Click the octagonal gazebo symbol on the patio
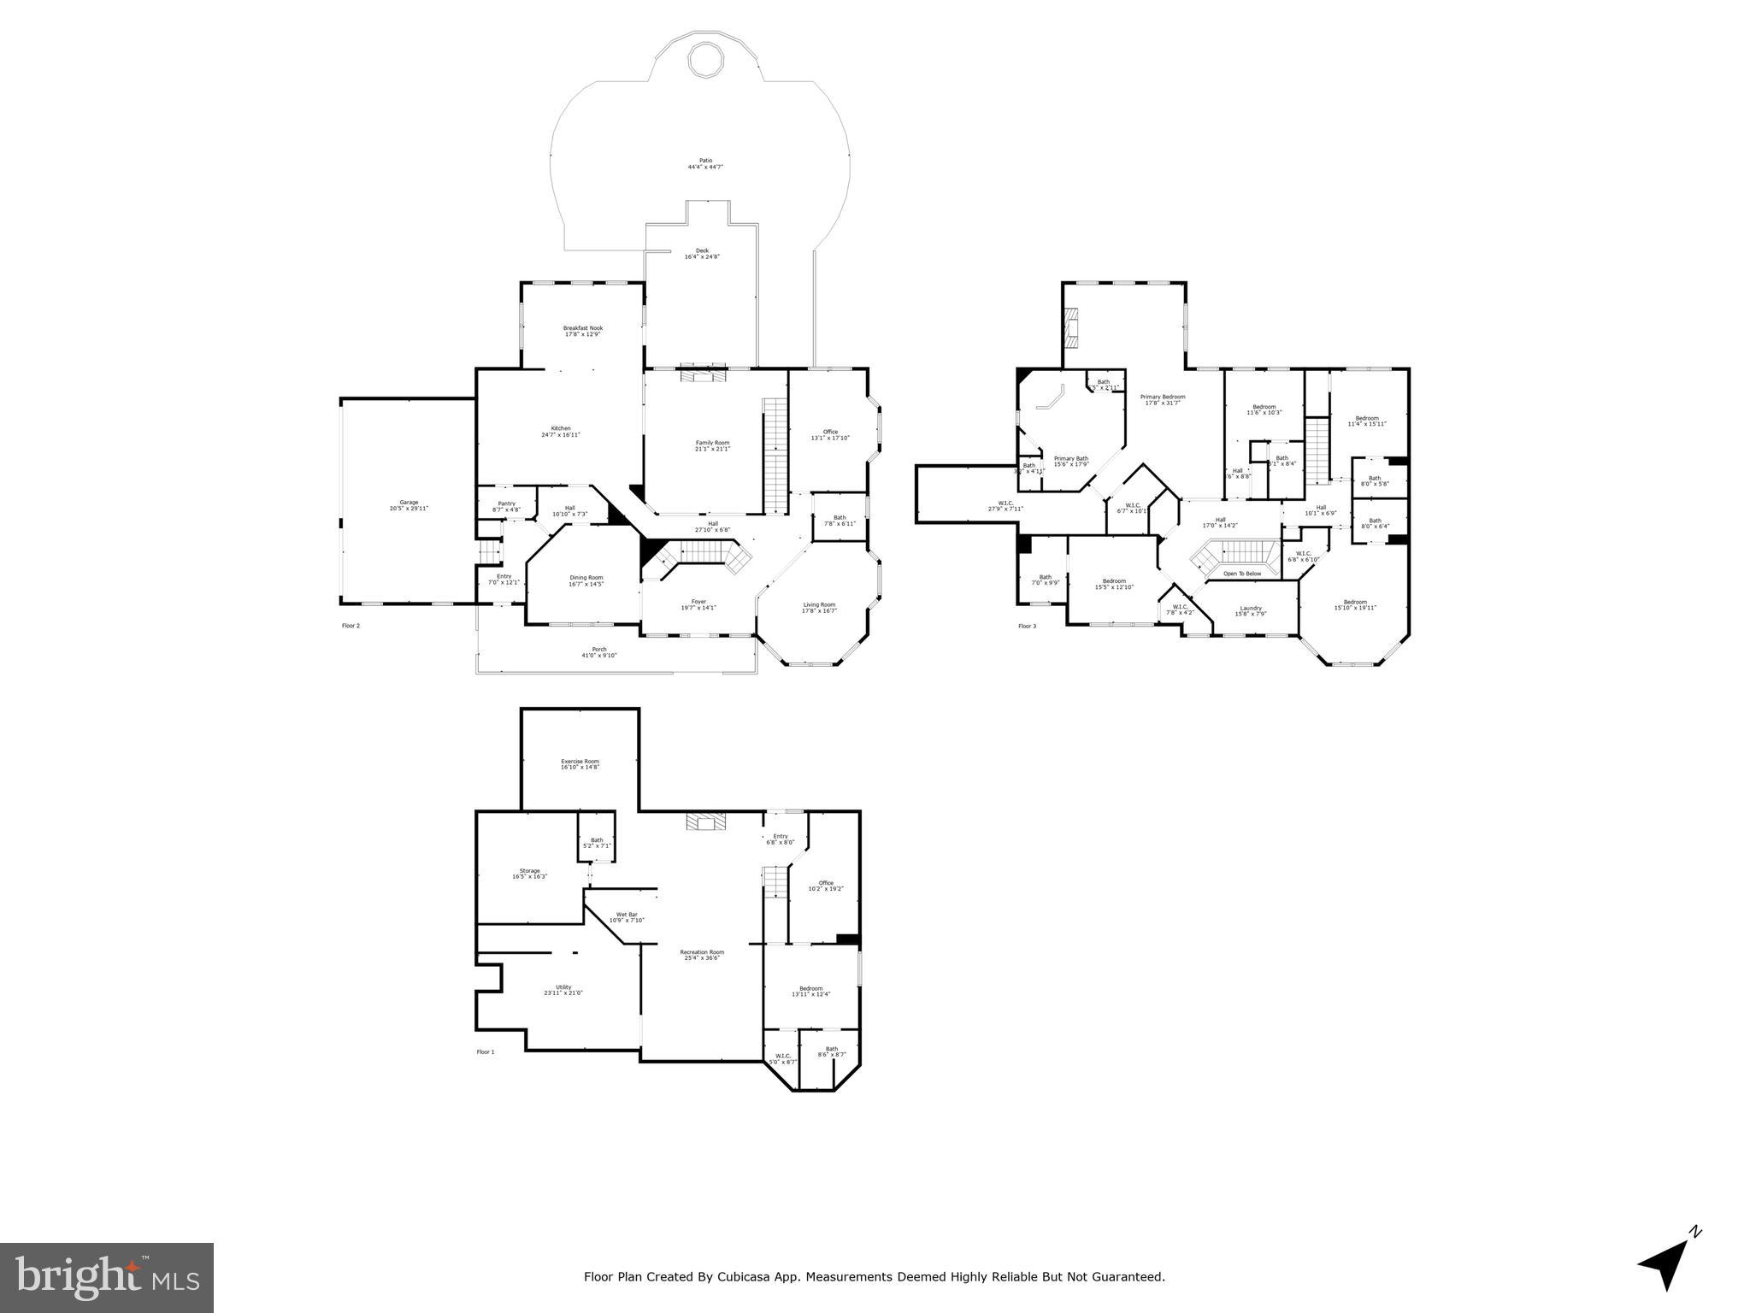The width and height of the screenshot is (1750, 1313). click(706, 61)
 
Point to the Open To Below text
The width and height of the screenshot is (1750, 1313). click(1241, 574)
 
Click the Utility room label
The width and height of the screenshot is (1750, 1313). click(563, 990)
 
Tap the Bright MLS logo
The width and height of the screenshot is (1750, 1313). click(107, 1278)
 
